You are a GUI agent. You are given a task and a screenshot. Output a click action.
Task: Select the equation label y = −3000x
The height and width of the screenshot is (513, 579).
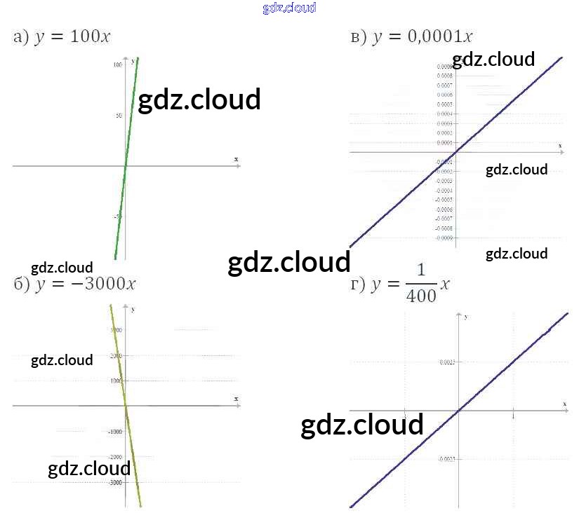74,284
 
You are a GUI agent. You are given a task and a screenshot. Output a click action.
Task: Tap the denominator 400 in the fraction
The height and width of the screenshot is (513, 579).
421,296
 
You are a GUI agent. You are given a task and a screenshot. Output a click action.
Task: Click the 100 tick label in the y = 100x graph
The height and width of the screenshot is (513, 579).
117,64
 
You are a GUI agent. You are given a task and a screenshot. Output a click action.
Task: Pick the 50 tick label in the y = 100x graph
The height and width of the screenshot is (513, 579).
119,116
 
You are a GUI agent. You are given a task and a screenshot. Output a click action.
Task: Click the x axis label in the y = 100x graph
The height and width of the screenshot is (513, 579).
236,160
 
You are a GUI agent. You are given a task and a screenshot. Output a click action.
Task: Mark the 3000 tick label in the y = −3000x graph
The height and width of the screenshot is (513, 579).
116,330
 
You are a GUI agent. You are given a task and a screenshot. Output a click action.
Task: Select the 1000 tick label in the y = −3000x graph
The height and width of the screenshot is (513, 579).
116,381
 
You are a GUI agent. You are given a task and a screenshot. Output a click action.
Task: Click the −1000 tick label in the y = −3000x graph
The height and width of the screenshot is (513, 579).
115,432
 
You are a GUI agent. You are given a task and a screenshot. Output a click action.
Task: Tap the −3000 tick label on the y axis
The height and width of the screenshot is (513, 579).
115,483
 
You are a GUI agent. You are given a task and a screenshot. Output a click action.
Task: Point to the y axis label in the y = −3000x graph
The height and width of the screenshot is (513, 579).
133,309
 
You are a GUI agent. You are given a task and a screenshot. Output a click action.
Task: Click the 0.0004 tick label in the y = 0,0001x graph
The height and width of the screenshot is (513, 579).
444,114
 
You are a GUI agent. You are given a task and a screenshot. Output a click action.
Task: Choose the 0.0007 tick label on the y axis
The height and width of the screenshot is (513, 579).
444,85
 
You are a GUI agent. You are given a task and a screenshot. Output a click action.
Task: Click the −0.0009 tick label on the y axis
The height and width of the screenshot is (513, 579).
444,238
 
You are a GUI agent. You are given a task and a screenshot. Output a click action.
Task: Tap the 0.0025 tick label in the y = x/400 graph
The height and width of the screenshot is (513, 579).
446,362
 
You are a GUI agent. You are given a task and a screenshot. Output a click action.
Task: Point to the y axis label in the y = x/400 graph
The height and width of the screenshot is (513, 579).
466,317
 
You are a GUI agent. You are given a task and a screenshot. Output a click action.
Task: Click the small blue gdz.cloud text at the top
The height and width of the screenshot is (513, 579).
289,8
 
